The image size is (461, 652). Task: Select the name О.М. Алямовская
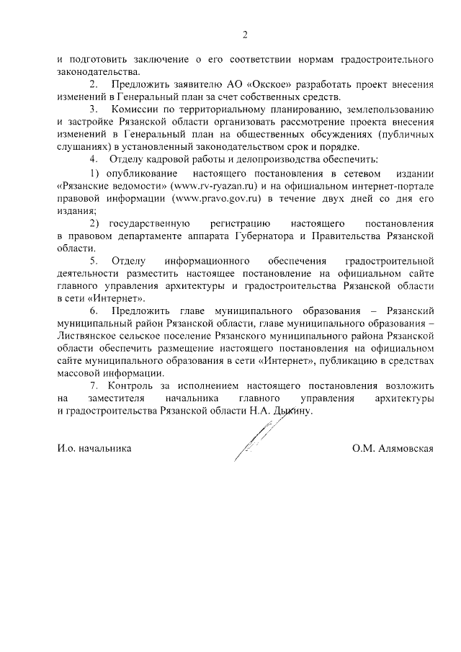[x=393, y=447]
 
